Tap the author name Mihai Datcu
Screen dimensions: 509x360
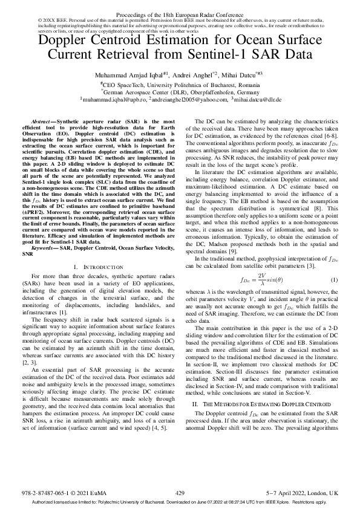pyautogui.click(x=240, y=74)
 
